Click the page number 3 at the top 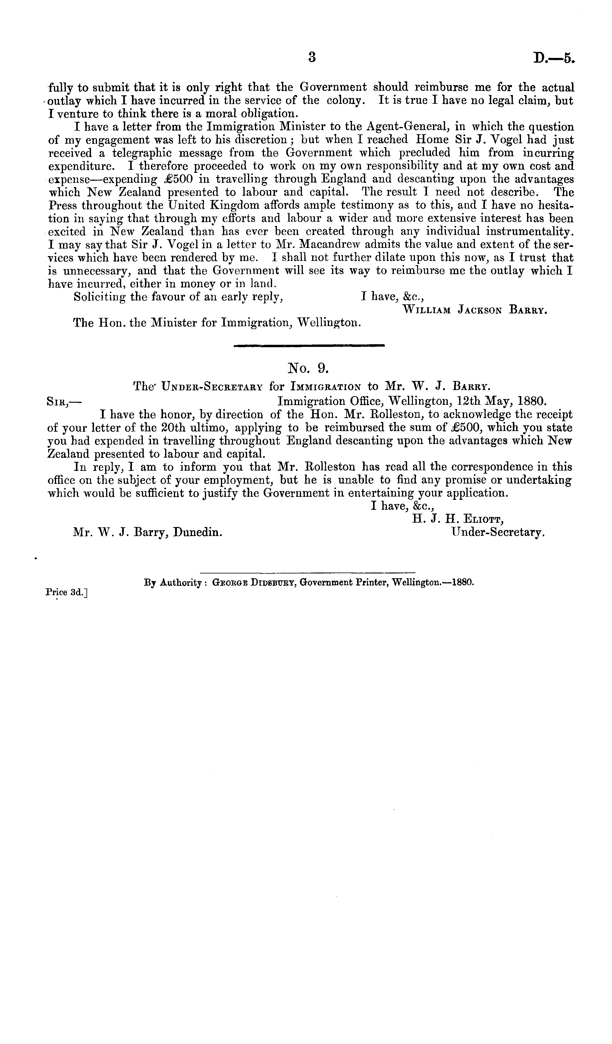312,57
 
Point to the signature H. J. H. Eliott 457,519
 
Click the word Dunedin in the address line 197,532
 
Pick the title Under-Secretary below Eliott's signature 498,532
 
